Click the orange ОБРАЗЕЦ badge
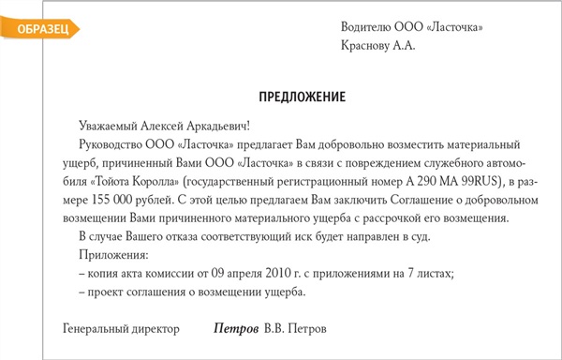coord(35,29)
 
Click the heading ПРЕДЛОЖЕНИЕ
coord(302,97)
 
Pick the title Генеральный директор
coord(120,331)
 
